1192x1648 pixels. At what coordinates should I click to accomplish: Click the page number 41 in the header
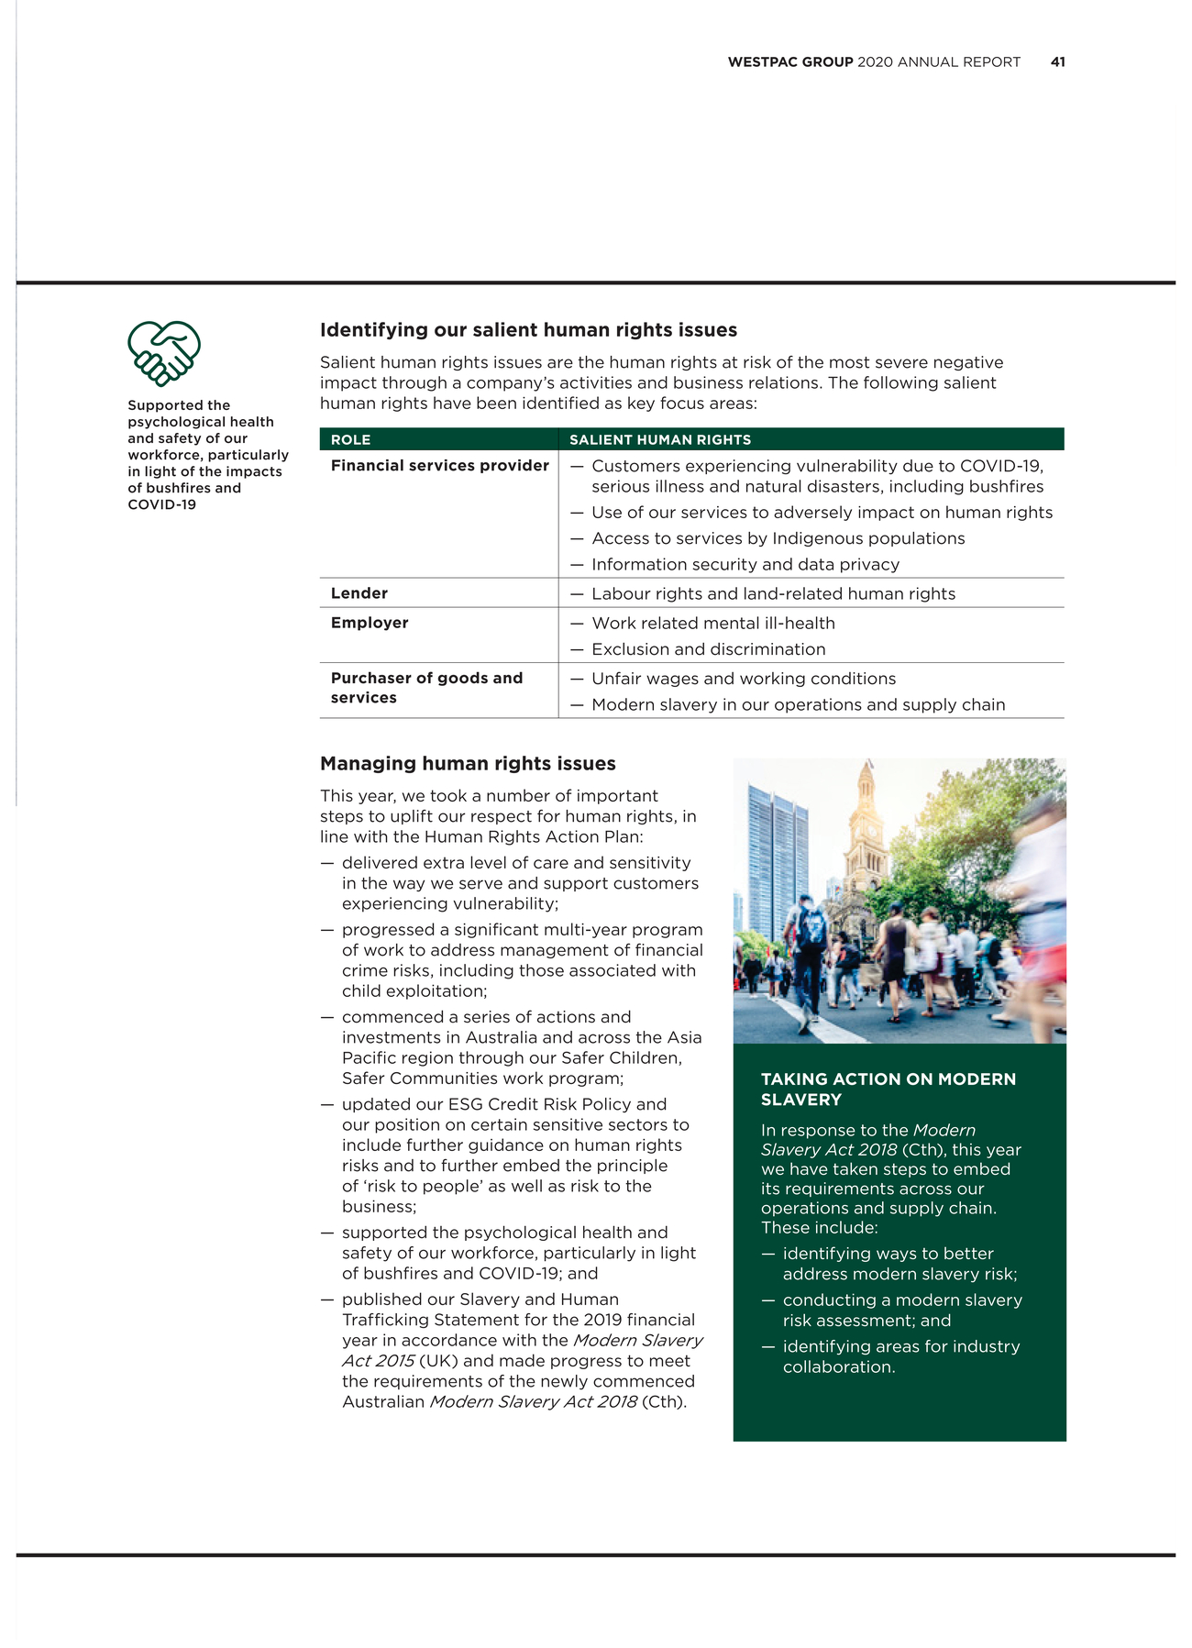1057,62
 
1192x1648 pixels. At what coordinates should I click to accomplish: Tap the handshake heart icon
163,352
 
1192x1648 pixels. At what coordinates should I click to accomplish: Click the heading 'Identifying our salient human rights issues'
528,330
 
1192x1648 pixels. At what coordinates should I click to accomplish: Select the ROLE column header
350,440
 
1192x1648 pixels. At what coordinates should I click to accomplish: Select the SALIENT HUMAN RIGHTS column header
659,440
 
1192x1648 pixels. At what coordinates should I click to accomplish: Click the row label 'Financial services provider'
439,466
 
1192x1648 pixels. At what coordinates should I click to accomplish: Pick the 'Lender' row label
359,593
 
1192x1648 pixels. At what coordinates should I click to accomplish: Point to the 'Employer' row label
370,623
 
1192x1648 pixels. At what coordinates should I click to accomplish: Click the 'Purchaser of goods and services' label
426,688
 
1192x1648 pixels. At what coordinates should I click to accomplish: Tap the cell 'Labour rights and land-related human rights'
773,594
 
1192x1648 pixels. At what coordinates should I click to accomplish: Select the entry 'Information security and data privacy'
745,565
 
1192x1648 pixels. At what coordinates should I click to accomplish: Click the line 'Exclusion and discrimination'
708,649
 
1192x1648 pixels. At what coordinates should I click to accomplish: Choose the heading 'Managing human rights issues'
468,764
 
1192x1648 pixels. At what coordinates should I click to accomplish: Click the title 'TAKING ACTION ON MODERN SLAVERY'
888,1089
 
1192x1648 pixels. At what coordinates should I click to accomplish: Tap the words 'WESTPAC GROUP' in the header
789,62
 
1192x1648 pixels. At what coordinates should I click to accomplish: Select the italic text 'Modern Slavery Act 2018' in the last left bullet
533,1401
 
